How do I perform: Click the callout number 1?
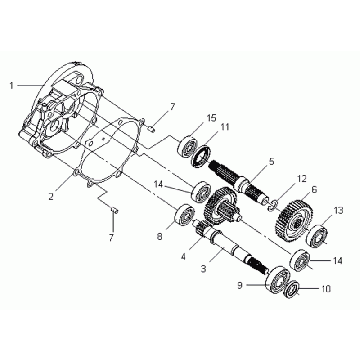tap(12, 86)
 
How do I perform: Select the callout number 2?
tap(51, 197)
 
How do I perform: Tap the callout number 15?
tap(211, 118)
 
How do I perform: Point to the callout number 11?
tap(225, 127)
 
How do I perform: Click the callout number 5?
tap(272, 162)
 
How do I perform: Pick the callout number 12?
tap(301, 179)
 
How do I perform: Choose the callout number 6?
tap(314, 190)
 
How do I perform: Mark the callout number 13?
tap(338, 211)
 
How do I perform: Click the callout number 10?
tap(325, 289)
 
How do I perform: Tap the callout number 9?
tap(240, 286)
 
